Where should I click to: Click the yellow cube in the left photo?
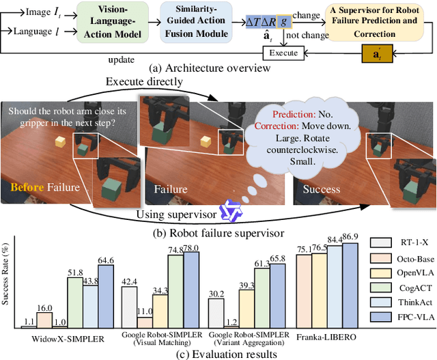pos(60,141)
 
